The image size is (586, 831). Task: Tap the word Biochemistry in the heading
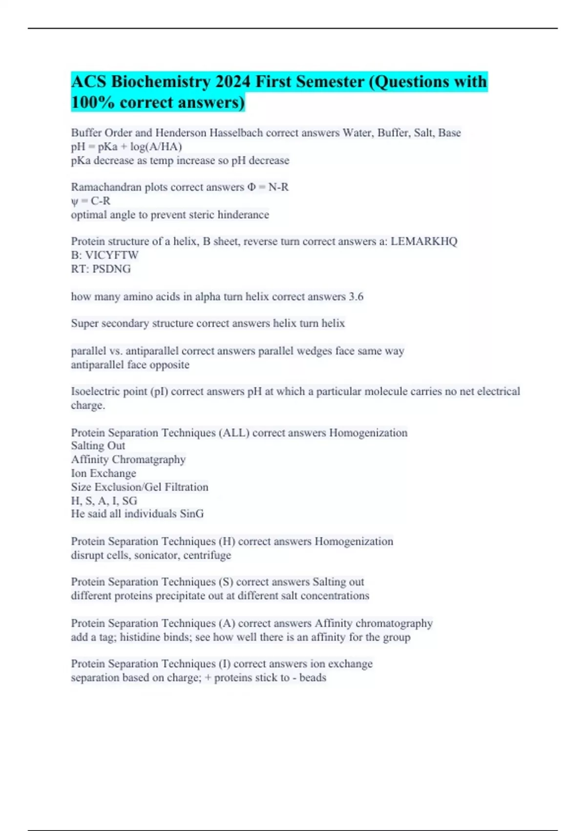(158, 81)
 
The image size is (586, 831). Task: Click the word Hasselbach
(236, 132)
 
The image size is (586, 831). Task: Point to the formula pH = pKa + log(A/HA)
(126, 147)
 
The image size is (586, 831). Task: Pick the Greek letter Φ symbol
(251, 187)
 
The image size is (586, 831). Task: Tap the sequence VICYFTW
(112, 255)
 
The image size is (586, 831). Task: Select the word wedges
(314, 351)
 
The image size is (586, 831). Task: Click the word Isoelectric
(95, 392)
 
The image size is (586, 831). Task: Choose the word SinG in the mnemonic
(192, 514)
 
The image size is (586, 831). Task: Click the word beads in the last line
(313, 678)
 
